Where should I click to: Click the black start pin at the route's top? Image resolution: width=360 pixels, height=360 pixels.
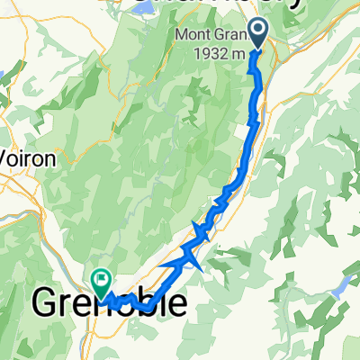coord(258,33)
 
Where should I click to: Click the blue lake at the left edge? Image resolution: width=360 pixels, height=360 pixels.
coord(3,76)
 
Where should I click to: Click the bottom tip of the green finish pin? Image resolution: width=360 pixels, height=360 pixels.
coord(100,293)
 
